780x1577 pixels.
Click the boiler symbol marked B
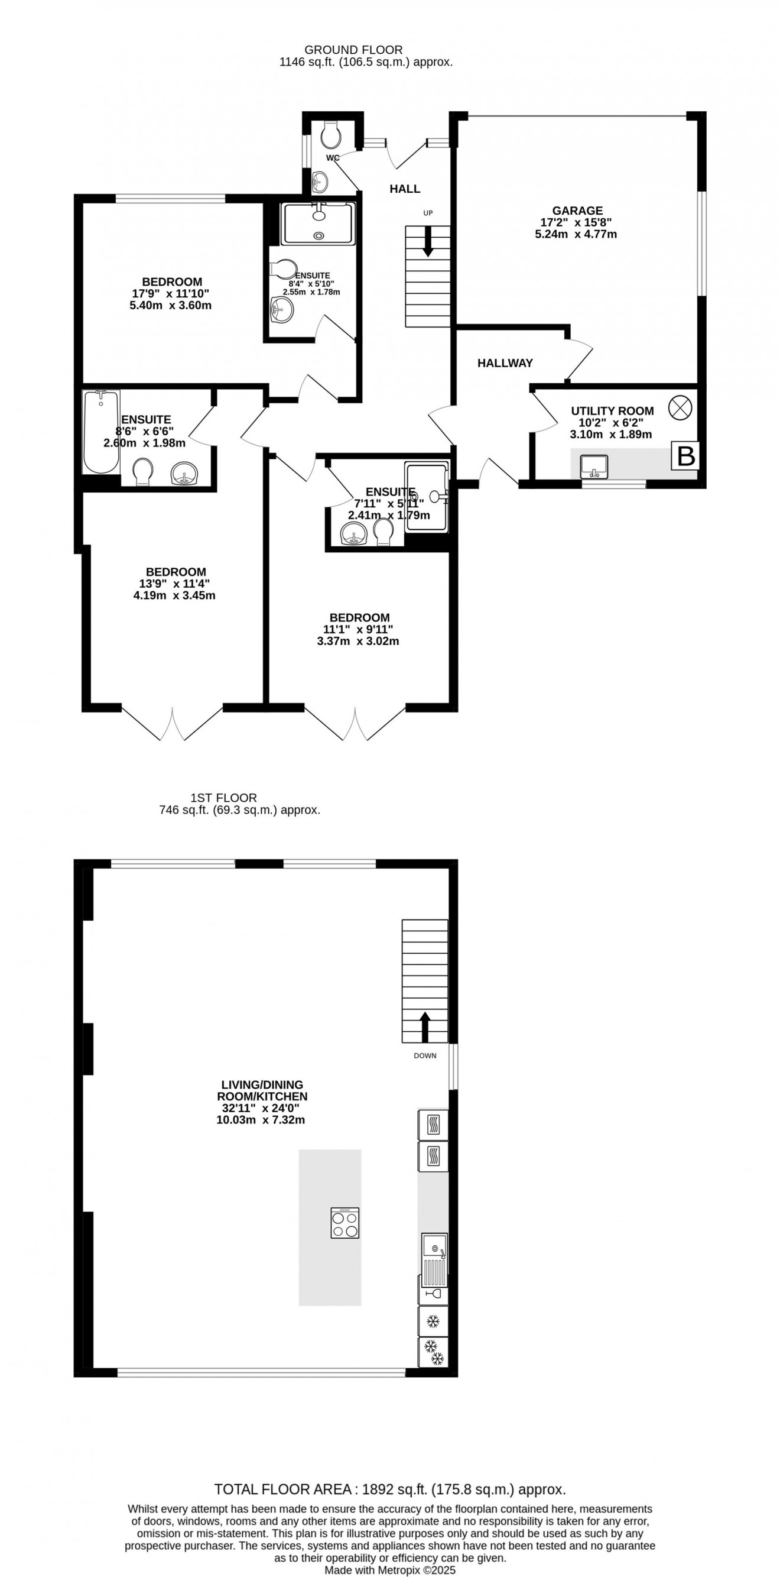[x=685, y=455]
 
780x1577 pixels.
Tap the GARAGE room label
[x=577, y=211]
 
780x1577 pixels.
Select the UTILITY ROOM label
[x=612, y=411]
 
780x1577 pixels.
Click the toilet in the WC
[x=330, y=134]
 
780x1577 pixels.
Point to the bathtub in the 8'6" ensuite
[x=101, y=432]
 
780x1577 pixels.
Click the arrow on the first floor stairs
[x=424, y=1026]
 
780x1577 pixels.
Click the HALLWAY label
[x=505, y=363]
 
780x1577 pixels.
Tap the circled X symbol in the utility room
[x=680, y=408]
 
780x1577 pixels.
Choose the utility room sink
[x=593, y=466]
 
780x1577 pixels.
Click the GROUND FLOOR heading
[x=353, y=50]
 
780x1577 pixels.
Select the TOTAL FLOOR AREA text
[x=282, y=1489]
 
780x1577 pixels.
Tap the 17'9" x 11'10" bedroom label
[x=171, y=293]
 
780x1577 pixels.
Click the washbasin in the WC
[x=319, y=182]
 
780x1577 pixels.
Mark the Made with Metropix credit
[x=389, y=1570]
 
